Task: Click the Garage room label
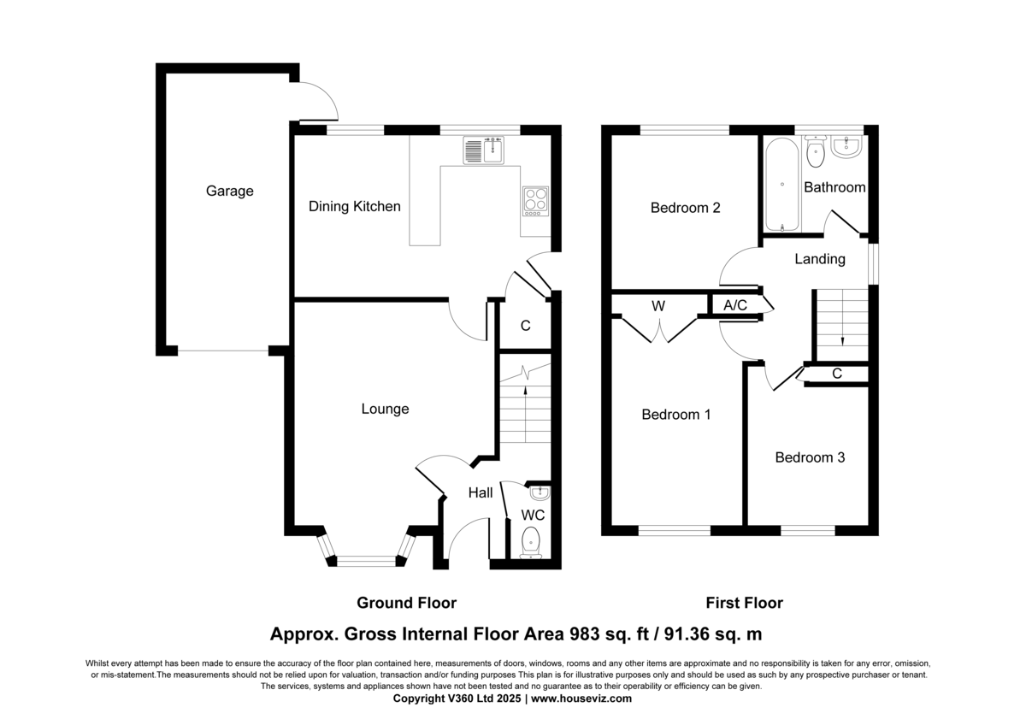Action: (x=229, y=191)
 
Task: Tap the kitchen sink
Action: (x=483, y=150)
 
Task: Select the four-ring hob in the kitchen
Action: (x=535, y=201)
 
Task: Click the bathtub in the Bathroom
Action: (x=781, y=185)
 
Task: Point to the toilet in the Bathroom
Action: (x=816, y=150)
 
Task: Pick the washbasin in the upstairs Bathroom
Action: (x=847, y=146)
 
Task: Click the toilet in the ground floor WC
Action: (x=531, y=543)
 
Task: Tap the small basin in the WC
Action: (x=540, y=492)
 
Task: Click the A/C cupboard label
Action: (x=735, y=305)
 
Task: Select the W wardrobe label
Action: (x=658, y=306)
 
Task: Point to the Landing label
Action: (x=820, y=259)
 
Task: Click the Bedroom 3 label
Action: (x=810, y=457)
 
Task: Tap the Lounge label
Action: (x=385, y=409)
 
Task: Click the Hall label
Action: (x=481, y=492)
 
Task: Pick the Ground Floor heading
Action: (x=407, y=603)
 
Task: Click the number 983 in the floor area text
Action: (x=585, y=634)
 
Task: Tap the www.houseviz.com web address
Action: (x=581, y=698)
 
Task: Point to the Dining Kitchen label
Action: (x=355, y=207)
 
